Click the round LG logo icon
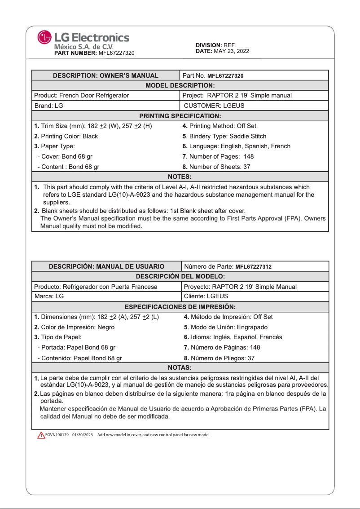click(44, 37)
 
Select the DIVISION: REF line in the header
click(215, 45)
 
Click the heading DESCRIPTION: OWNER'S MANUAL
click(105, 75)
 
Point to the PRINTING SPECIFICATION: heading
click(180, 116)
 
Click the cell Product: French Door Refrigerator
click(82, 95)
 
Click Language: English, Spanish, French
click(236, 146)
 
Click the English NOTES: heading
click(180, 177)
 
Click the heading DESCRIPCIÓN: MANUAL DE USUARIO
click(106, 266)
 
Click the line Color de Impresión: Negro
click(75, 327)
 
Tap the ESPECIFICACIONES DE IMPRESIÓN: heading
click(180, 307)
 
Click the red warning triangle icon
click(41, 435)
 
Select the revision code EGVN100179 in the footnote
click(57, 435)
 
